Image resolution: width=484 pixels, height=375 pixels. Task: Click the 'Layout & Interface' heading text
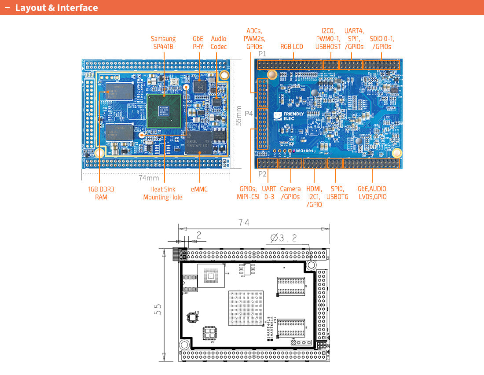[56, 8]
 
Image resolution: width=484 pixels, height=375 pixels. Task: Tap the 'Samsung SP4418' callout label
[163, 43]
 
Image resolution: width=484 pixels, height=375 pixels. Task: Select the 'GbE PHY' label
[198, 43]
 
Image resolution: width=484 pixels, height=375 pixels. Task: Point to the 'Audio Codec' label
[218, 43]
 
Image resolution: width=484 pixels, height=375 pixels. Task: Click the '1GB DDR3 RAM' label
[101, 193]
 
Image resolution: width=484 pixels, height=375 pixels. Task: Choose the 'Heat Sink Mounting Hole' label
[163, 193]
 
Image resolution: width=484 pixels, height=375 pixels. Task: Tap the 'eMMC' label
[199, 189]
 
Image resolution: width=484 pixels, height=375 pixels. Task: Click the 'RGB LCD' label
[292, 47]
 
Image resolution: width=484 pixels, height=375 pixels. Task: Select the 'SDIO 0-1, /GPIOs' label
[381, 43]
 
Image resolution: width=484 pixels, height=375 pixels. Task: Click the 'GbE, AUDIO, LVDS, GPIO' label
[372, 193]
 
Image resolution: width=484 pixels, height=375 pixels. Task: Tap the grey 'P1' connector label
[262, 54]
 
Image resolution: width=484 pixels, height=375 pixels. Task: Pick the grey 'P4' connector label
[249, 114]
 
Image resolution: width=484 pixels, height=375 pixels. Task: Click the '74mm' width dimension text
[149, 178]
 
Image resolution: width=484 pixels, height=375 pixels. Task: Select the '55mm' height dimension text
[238, 115]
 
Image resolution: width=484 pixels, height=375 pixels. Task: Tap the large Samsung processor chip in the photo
[164, 110]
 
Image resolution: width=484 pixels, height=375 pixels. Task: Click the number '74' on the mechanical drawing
[244, 223]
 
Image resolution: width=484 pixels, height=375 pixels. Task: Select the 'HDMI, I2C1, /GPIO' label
[314, 197]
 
